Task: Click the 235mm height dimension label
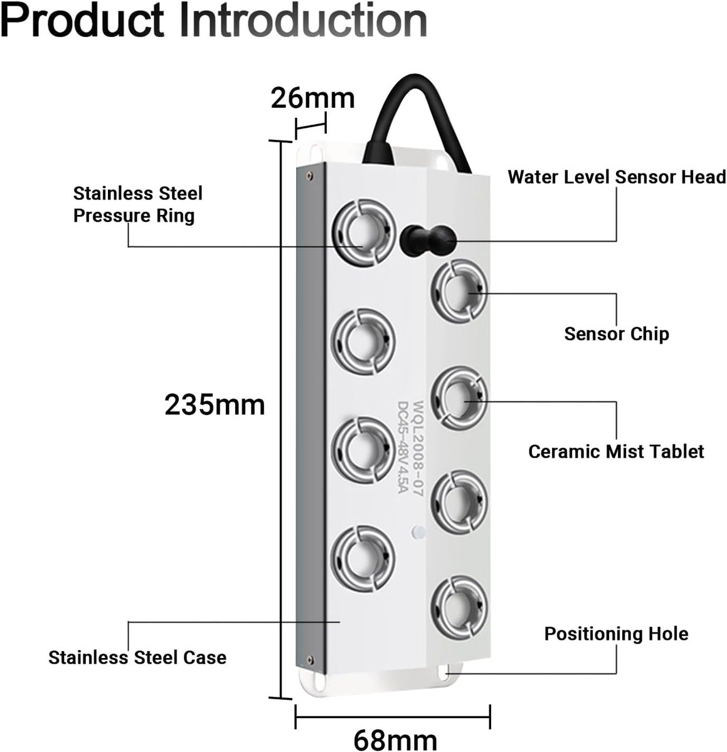point(215,405)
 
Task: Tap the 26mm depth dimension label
point(312,98)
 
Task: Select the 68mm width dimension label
point(395,739)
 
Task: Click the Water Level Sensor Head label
point(617,177)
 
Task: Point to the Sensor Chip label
point(617,334)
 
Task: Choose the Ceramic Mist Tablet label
point(616,451)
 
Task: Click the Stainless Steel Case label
point(137,657)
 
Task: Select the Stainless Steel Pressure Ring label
point(137,204)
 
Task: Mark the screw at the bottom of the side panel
point(309,659)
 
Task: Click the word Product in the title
point(83,20)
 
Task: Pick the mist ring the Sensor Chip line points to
point(459,291)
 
